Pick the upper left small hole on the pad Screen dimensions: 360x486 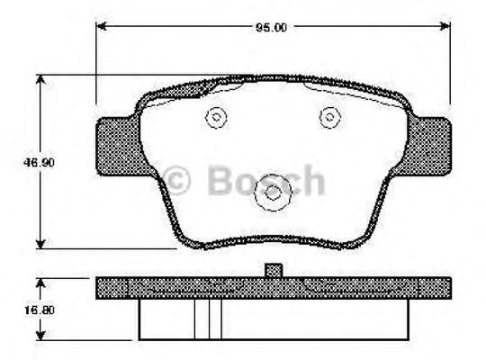tap(216, 116)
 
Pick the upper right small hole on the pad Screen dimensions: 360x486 tap(330, 116)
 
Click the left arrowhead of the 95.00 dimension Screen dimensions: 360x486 tap(101, 28)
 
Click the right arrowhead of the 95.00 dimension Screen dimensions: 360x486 tap(445, 28)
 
